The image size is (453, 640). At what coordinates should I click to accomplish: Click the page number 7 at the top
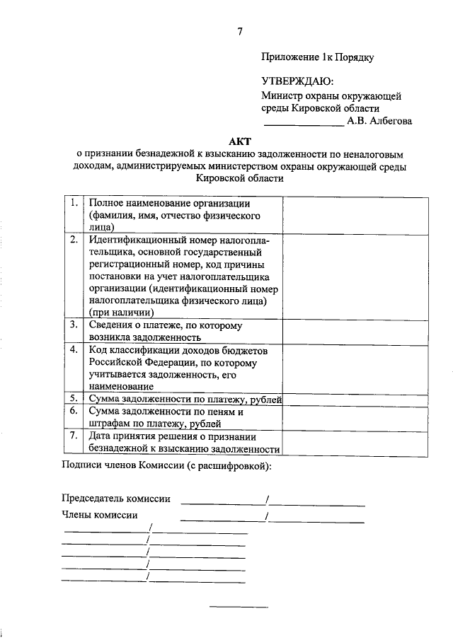(x=240, y=30)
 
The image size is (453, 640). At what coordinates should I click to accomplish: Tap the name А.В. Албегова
(x=379, y=121)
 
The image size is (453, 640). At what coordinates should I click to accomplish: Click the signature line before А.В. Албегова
(x=304, y=125)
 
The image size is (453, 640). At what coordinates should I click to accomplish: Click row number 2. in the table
(x=74, y=240)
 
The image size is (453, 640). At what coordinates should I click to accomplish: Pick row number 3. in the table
(x=74, y=325)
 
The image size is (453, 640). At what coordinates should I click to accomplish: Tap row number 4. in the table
(x=74, y=350)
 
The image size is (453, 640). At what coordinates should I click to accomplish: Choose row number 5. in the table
(x=74, y=400)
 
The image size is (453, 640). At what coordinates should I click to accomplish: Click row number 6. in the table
(x=74, y=411)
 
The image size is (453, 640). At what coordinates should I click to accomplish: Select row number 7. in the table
(x=74, y=436)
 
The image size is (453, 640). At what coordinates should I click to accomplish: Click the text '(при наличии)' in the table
(x=121, y=311)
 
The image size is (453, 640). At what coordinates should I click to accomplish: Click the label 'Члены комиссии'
(x=100, y=515)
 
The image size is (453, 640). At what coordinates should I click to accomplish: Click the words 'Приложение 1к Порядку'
(x=317, y=57)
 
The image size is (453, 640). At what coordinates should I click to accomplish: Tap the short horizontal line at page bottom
(x=240, y=607)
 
